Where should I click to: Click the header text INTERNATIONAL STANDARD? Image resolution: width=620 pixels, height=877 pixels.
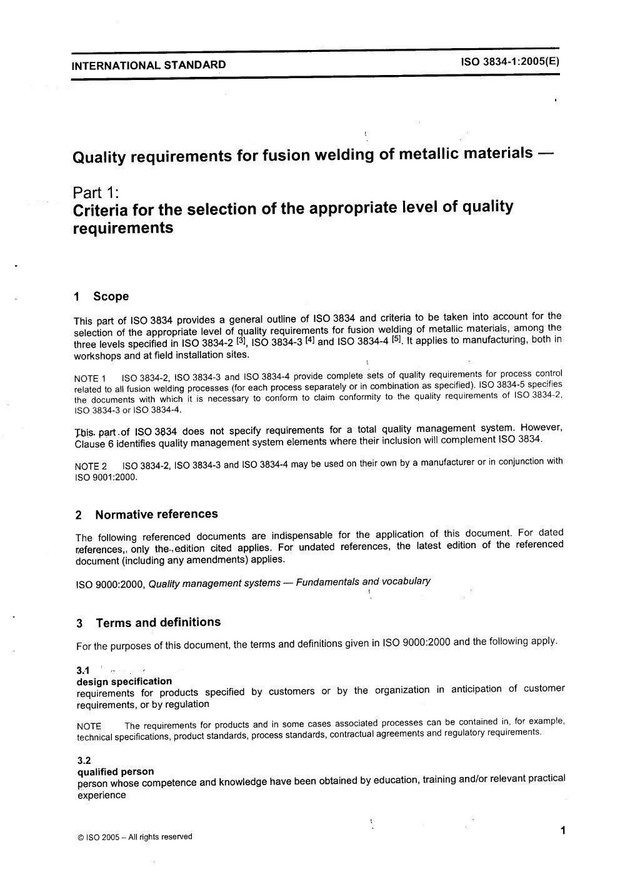(149, 65)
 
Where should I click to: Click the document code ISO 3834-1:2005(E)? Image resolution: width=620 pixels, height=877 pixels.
(510, 62)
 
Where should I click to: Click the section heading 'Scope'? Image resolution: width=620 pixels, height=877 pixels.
(111, 296)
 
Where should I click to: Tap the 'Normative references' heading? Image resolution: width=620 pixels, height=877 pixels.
(156, 514)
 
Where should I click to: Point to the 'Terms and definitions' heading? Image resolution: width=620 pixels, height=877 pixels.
(158, 623)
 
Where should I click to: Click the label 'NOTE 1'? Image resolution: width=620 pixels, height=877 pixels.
(90, 378)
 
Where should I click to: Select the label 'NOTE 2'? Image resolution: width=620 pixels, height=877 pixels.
(91, 466)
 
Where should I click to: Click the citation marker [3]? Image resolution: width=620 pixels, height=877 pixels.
(241, 341)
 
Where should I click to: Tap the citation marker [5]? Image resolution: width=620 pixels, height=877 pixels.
(396, 339)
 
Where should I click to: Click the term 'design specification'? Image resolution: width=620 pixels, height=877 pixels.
(124, 681)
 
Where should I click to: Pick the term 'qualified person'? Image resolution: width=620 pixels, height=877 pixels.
(115, 772)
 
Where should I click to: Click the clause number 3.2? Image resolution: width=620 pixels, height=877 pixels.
(84, 761)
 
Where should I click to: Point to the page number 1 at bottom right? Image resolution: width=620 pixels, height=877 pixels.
(563, 831)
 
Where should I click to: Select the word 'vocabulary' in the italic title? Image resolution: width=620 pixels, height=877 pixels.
(406, 581)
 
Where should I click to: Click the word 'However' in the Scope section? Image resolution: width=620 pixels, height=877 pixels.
(541, 428)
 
